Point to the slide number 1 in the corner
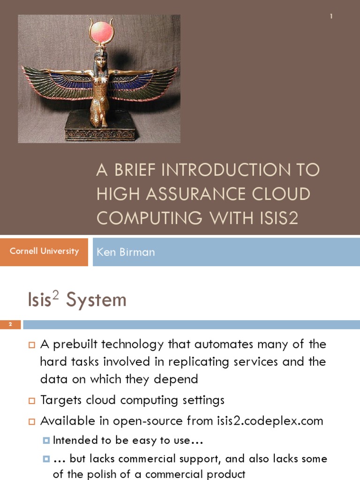click(331, 16)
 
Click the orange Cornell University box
click(44, 251)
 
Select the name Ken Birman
click(125, 252)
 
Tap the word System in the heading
click(96, 300)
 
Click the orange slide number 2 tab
click(10, 325)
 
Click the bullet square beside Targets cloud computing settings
click(32, 401)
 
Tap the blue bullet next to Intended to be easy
click(46, 441)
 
